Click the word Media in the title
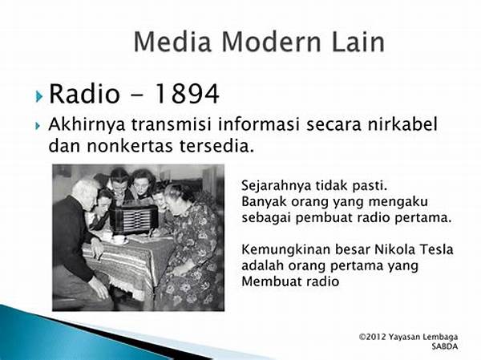tap(172, 41)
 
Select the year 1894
tap(187, 93)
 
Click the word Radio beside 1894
tap(83, 93)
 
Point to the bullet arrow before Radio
tap(38, 96)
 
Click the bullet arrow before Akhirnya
tap(38, 126)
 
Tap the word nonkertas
tap(130, 146)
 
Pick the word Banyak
tap(264, 202)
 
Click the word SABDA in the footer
tap(444, 346)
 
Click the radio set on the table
tap(134, 218)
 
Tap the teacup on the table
tap(118, 240)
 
